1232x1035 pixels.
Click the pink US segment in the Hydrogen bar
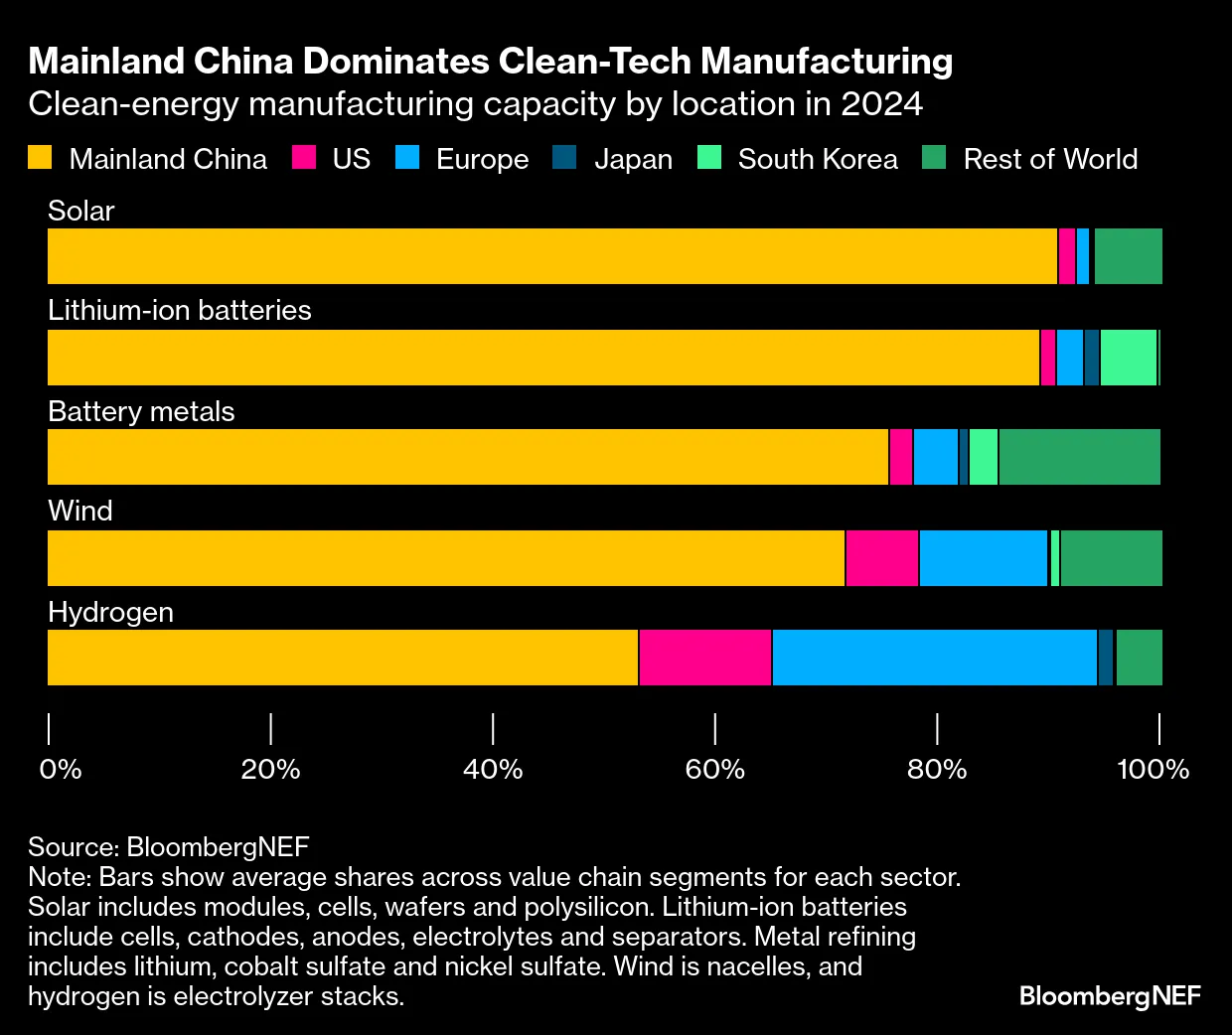[x=705, y=658]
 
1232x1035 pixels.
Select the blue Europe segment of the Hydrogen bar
[x=934, y=658]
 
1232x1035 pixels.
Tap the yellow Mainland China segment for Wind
[x=446, y=558]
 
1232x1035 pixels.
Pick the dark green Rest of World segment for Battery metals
[x=1079, y=457]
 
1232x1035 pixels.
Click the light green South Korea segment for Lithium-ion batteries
[x=1129, y=358]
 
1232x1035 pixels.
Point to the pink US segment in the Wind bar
[x=882, y=558]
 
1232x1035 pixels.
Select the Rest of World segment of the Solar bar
[x=1128, y=256]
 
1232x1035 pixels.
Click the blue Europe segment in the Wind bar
[x=984, y=558]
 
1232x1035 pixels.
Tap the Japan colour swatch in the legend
[x=564, y=158]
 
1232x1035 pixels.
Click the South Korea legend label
[x=818, y=159]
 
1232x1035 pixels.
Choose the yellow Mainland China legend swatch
[x=40, y=158]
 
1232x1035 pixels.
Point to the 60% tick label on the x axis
[x=715, y=769]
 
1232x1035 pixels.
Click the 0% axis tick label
[x=60, y=769]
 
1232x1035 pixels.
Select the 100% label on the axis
[x=1153, y=769]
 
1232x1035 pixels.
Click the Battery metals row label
[x=141, y=411]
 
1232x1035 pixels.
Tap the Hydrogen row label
[x=110, y=612]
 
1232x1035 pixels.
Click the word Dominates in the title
[x=395, y=62]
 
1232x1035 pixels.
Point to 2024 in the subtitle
[x=881, y=104]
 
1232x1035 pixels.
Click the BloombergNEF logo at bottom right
[x=1110, y=995]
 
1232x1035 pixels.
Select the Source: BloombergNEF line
[x=169, y=847]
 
